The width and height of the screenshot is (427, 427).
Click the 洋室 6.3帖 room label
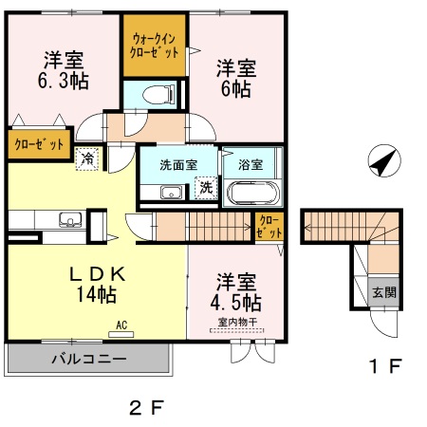65,69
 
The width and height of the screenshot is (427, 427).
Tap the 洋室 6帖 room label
235,78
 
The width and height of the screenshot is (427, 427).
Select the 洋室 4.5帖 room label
236,292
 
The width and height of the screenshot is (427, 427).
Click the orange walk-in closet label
155,46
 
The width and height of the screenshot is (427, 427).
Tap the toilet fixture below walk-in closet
151,94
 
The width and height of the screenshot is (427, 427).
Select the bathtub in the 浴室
252,193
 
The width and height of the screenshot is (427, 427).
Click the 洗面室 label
178,164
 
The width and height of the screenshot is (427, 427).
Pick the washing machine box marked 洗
205,188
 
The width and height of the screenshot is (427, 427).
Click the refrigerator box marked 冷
87,158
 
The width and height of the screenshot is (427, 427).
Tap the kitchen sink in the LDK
69,221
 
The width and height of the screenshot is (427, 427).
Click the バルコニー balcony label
87,360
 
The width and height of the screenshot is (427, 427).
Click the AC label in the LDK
121,325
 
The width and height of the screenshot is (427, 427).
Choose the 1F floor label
385,364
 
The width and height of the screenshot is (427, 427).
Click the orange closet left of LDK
39,144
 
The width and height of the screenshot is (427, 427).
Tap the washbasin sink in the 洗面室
171,194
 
